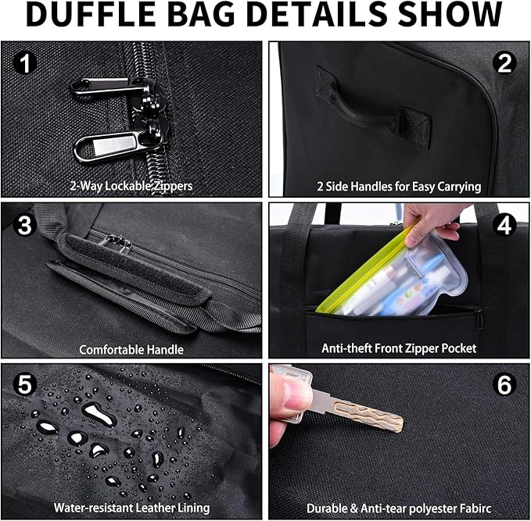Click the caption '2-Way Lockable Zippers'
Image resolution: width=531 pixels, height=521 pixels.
(131, 187)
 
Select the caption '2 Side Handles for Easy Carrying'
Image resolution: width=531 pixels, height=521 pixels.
(399, 187)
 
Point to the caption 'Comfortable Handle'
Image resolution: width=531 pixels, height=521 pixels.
(131, 349)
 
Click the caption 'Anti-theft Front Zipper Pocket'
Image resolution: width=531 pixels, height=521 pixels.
(399, 348)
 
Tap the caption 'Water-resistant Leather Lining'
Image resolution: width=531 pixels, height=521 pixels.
(131, 508)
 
